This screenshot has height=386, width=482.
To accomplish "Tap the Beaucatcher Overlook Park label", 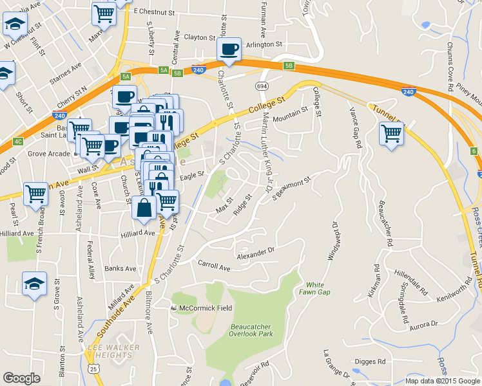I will (252, 330).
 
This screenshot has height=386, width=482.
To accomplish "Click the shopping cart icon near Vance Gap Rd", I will (392, 134).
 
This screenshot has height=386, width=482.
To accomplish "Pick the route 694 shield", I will (262, 86).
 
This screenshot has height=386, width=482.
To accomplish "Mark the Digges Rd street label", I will (371, 362).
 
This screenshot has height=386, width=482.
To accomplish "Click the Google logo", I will (22, 378).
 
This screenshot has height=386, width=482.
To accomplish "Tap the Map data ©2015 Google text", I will (442, 381).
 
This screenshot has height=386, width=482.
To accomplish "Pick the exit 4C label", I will (17, 141).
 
